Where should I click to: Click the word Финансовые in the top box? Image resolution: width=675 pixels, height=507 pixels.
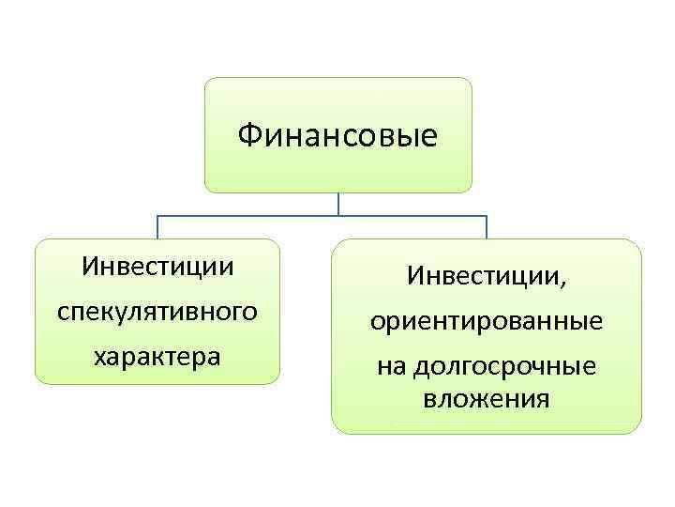[x=337, y=136]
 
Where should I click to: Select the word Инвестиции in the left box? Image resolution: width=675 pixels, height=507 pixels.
[x=157, y=266]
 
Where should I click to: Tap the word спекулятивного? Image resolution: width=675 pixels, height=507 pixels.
[x=157, y=311]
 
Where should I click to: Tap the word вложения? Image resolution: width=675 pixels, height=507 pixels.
[x=486, y=398]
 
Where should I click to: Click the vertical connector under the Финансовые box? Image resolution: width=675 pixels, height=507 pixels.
[x=338, y=204]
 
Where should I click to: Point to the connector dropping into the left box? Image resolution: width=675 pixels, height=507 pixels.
[x=157, y=228]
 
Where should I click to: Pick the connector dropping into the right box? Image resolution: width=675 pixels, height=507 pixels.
[x=486, y=228]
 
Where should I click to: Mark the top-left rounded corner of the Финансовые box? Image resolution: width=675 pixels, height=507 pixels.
[x=209, y=83]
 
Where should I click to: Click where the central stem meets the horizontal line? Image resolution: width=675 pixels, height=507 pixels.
[x=338, y=217]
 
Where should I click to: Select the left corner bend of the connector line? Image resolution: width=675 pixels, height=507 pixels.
[x=157, y=217]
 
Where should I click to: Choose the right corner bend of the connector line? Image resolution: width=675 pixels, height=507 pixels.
[x=486, y=217]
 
